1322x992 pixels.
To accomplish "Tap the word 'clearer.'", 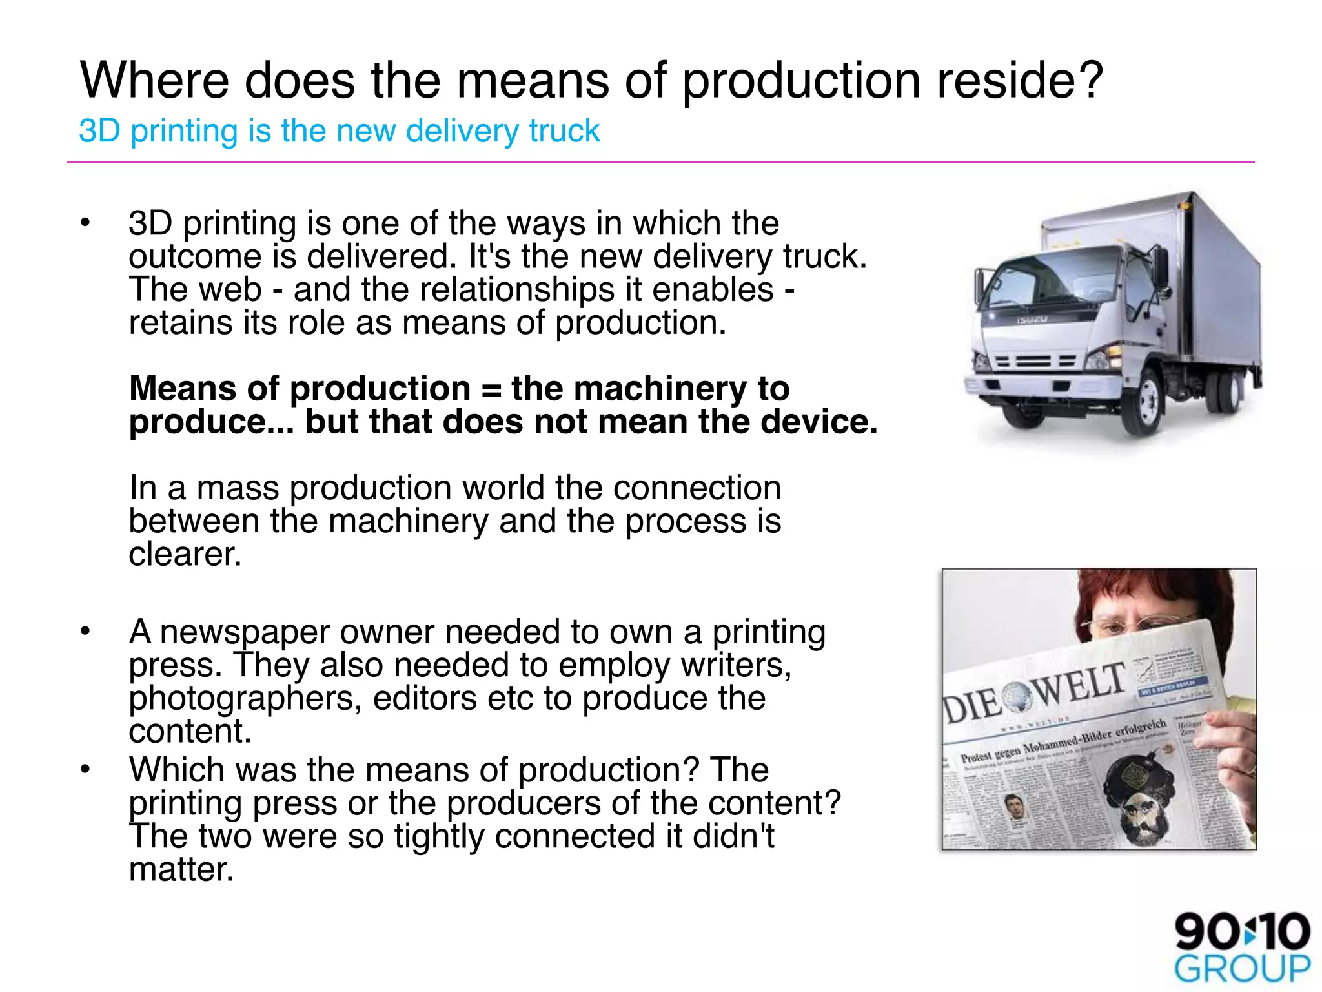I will click(185, 554).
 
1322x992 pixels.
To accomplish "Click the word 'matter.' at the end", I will click(181, 869).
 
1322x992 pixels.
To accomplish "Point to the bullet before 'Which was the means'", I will click(85, 769).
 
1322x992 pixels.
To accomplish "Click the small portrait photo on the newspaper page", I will click(1015, 808).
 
